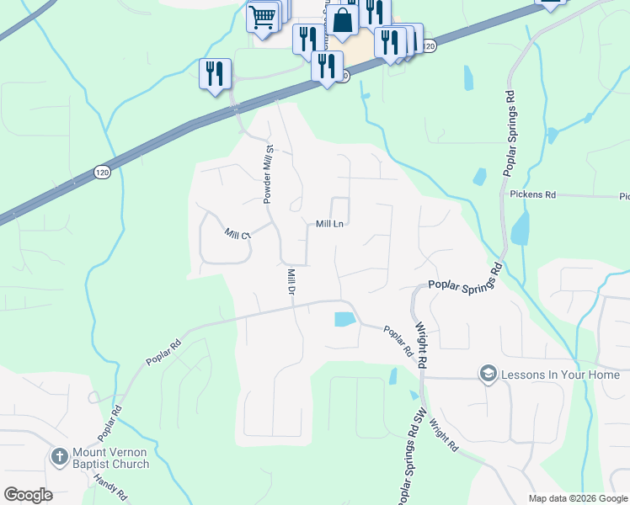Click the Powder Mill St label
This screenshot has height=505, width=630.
(269, 174)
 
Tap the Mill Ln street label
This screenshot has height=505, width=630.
(329, 224)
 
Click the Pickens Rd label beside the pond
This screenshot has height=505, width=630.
(533, 194)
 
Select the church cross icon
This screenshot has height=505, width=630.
(59, 457)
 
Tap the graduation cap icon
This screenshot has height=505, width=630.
(488, 373)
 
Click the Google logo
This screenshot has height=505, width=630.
(28, 495)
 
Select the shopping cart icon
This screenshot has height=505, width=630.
(262, 16)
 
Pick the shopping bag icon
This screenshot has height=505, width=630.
(343, 22)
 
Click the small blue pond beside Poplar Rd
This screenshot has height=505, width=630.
(344, 319)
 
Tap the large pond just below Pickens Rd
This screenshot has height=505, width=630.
(520, 227)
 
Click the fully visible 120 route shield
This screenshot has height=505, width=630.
(102, 173)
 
